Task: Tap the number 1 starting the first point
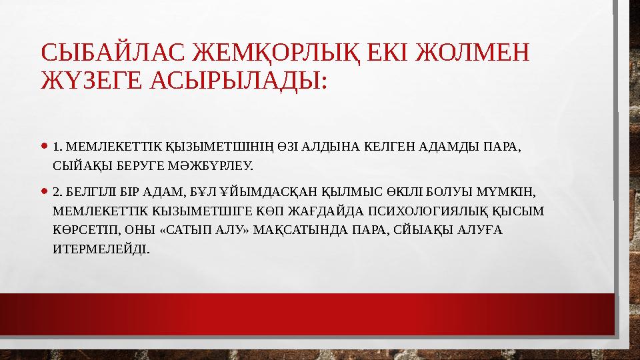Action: pyautogui.click(x=55, y=145)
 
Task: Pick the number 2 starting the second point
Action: pyautogui.click(x=55, y=193)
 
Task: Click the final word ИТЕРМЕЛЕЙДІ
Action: pyautogui.click(x=100, y=249)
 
